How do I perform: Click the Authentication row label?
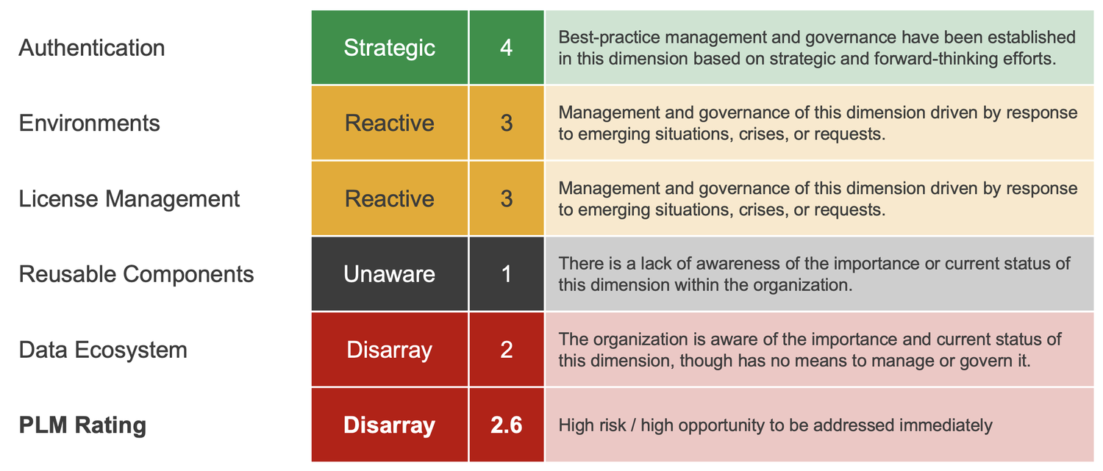(92, 48)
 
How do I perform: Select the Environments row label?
(89, 123)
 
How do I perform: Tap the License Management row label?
(129, 198)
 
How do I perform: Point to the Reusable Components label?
(136, 274)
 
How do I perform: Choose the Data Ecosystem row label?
(103, 350)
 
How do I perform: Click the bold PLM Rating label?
(82, 425)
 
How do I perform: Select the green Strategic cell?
(390, 48)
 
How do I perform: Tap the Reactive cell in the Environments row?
(390, 123)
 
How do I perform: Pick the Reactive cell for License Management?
(390, 198)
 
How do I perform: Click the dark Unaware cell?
(390, 274)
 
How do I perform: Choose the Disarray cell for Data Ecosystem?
(390, 350)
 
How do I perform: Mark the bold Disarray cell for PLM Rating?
(390, 425)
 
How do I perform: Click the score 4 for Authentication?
(506, 48)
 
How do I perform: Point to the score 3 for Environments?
(506, 123)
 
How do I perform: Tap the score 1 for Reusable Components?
(506, 274)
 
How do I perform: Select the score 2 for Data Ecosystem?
(506, 350)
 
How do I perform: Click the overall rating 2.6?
(506, 425)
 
